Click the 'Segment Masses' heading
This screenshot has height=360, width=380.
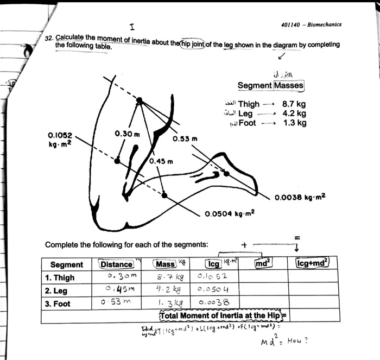click(270, 85)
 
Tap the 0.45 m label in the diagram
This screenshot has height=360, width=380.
click(162, 161)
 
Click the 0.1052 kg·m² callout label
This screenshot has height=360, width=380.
click(60, 139)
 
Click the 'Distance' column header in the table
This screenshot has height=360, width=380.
click(117, 264)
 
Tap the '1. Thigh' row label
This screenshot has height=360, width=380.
click(61, 277)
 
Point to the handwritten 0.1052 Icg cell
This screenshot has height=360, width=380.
click(214, 277)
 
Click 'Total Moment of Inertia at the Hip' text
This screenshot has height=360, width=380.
click(220, 316)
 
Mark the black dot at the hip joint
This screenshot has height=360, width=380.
click(139, 100)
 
